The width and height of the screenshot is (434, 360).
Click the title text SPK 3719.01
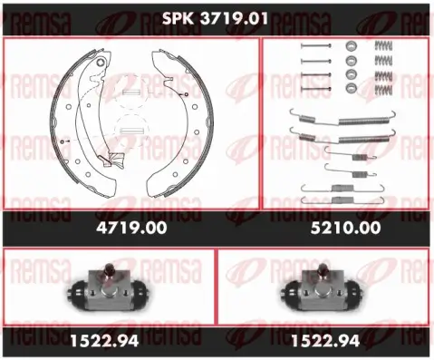(x=217, y=17)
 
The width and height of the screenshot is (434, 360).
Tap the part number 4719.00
(x=130, y=229)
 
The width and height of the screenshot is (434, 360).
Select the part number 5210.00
(x=347, y=229)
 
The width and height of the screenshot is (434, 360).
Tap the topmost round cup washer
(x=351, y=48)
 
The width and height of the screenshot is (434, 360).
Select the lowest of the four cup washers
(x=351, y=88)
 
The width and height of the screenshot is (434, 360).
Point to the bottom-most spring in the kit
(x=342, y=199)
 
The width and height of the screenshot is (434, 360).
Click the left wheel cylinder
(x=106, y=291)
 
